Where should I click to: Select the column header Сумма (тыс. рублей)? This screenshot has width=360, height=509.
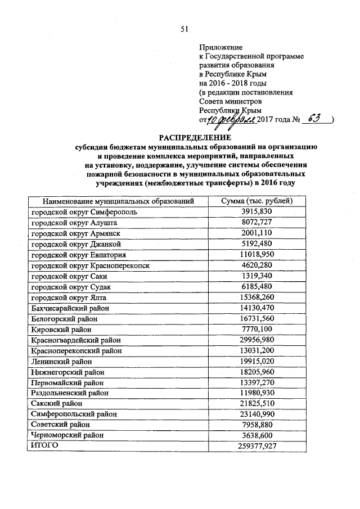click(x=257, y=201)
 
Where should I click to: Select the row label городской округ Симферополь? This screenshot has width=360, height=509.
click(x=84, y=212)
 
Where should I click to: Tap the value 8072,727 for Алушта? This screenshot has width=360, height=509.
click(x=257, y=222)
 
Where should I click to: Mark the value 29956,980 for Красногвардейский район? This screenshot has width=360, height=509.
click(x=257, y=340)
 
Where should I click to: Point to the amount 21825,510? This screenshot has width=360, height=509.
click(x=257, y=403)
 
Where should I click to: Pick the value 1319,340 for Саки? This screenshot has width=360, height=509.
click(x=257, y=276)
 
